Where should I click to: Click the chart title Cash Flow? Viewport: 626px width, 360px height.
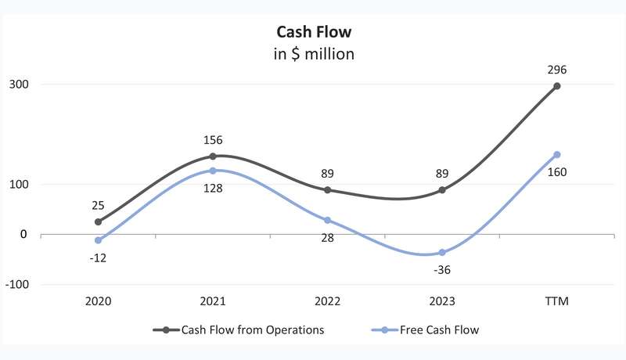[314, 32]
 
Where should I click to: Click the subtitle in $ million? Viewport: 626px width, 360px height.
[314, 55]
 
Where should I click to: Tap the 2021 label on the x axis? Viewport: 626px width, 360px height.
[213, 301]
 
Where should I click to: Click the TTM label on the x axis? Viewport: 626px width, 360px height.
[557, 301]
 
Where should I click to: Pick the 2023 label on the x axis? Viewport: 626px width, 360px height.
[442, 301]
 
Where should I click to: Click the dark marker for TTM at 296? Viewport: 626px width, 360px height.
[557, 86]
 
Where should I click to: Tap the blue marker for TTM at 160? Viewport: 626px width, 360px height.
[557, 154]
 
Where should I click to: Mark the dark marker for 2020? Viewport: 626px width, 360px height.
[98, 221]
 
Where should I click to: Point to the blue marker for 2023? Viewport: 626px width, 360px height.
[442, 252]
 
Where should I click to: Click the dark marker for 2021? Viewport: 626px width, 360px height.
[213, 157]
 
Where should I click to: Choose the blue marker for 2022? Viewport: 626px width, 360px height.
[327, 220]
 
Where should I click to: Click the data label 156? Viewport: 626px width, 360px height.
[213, 141]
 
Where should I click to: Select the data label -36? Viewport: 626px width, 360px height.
[442, 270]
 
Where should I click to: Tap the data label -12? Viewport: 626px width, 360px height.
[98, 258]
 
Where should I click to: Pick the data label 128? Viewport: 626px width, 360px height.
[213, 188]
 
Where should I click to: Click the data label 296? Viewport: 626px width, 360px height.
[557, 70]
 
